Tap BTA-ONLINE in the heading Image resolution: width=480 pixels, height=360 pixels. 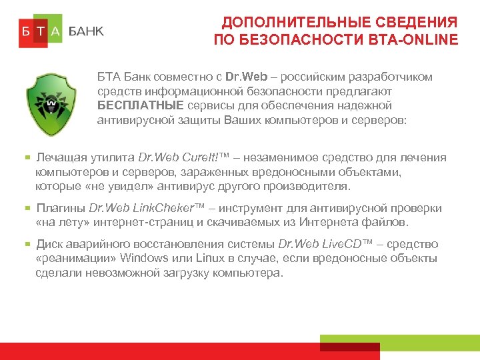(x=413, y=40)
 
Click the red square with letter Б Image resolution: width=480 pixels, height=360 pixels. (x=25, y=31)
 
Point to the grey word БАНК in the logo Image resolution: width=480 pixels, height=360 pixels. (x=86, y=31)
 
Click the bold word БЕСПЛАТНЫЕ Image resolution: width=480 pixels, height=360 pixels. (x=136, y=106)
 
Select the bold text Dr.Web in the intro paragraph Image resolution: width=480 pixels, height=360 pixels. (x=246, y=77)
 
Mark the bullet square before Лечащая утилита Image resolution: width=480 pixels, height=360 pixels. (x=28, y=158)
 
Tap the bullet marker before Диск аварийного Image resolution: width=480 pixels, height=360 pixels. (x=28, y=245)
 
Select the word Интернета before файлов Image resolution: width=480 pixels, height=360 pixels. (x=355, y=223)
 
